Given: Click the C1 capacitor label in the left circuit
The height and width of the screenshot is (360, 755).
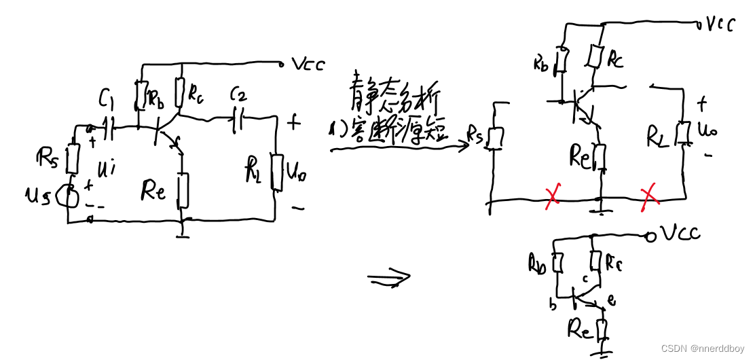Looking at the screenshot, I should click(106, 103).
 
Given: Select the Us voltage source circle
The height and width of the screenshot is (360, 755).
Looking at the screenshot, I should click(69, 197).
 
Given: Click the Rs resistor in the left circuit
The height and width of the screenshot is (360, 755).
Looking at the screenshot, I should click(73, 158).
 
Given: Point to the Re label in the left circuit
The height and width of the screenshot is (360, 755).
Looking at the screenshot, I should click(153, 192).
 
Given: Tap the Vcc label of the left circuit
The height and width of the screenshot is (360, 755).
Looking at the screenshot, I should click(308, 65).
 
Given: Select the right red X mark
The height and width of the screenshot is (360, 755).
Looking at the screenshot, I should click(650, 196).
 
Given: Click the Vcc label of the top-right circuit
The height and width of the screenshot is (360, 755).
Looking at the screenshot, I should click(720, 24).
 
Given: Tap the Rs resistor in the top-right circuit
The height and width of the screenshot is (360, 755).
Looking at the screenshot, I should click(496, 138).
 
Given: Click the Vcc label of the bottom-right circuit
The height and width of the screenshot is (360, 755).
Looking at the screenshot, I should click(681, 234).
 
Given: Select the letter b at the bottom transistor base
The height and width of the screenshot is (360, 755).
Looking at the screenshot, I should click(553, 306).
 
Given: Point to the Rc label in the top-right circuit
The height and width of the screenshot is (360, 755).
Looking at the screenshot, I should click(615, 60).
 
